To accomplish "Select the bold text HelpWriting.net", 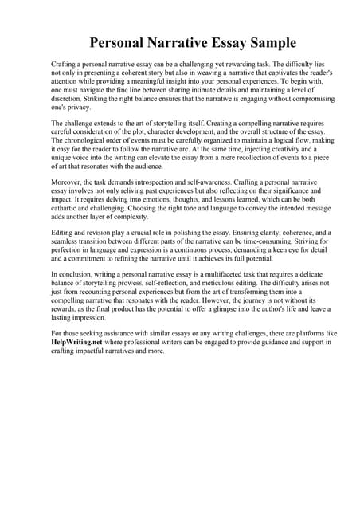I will (78, 342).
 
